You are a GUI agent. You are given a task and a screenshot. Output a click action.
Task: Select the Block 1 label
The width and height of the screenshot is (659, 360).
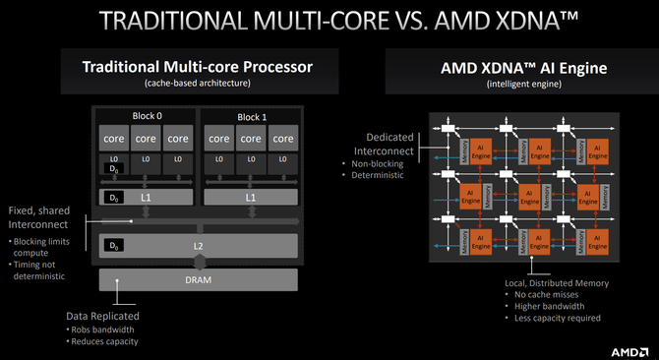[250, 116]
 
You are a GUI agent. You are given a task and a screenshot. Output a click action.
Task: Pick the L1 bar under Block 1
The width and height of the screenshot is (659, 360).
[250, 198]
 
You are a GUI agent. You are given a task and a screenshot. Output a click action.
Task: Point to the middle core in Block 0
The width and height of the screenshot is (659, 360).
[145, 138]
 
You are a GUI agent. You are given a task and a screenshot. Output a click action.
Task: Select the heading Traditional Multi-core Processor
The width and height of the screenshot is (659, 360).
[199, 67]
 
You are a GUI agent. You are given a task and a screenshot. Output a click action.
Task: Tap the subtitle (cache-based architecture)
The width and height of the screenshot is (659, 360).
[199, 84]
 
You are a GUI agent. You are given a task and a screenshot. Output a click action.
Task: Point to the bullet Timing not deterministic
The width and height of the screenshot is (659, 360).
[38, 270]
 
